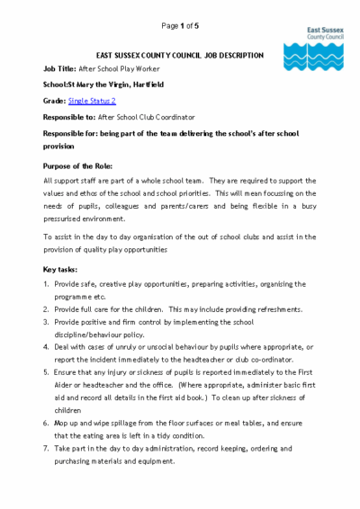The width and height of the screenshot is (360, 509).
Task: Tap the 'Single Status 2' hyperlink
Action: pos(93,101)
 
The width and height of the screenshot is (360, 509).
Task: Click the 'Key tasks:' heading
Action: pos(64,268)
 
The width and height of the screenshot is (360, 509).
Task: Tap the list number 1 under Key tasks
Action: pos(47,284)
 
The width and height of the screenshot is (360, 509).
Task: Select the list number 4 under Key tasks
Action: pos(47,346)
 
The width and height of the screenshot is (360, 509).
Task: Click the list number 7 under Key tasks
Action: pos(47,447)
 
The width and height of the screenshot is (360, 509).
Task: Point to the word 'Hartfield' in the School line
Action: pos(145,84)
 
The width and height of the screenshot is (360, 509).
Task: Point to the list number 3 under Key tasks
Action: pos(47,321)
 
